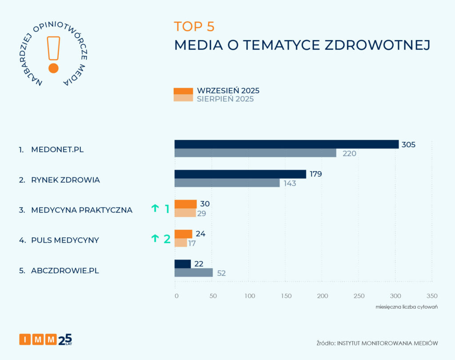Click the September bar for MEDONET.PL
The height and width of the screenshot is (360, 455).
[286, 144]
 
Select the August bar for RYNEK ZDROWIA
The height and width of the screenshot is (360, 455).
[227, 183]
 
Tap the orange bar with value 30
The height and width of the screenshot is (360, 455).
[185, 204]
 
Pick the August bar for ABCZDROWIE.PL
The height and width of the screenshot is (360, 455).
[193, 272]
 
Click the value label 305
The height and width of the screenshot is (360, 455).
[408, 144]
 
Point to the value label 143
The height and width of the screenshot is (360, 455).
[290, 183]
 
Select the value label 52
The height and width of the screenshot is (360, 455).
[221, 273]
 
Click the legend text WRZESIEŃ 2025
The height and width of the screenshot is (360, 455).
[228, 91]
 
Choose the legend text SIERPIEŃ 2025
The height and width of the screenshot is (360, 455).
[225, 99]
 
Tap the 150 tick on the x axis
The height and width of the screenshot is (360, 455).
[286, 296]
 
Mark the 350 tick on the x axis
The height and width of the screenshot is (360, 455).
[431, 296]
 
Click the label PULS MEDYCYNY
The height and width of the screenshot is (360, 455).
[65, 240]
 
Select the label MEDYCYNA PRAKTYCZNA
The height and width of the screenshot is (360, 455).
[82, 210]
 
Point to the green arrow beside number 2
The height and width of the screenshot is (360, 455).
[155, 238]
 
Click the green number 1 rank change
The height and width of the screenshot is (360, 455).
[167, 208]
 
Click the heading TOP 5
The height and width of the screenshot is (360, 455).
[194, 27]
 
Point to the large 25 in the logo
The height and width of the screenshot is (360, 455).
[65, 339]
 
